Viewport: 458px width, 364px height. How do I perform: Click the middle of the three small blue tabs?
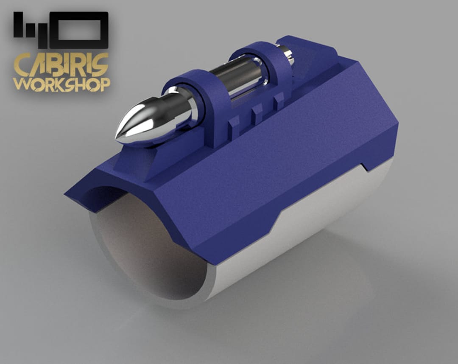click(x=257, y=114)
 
